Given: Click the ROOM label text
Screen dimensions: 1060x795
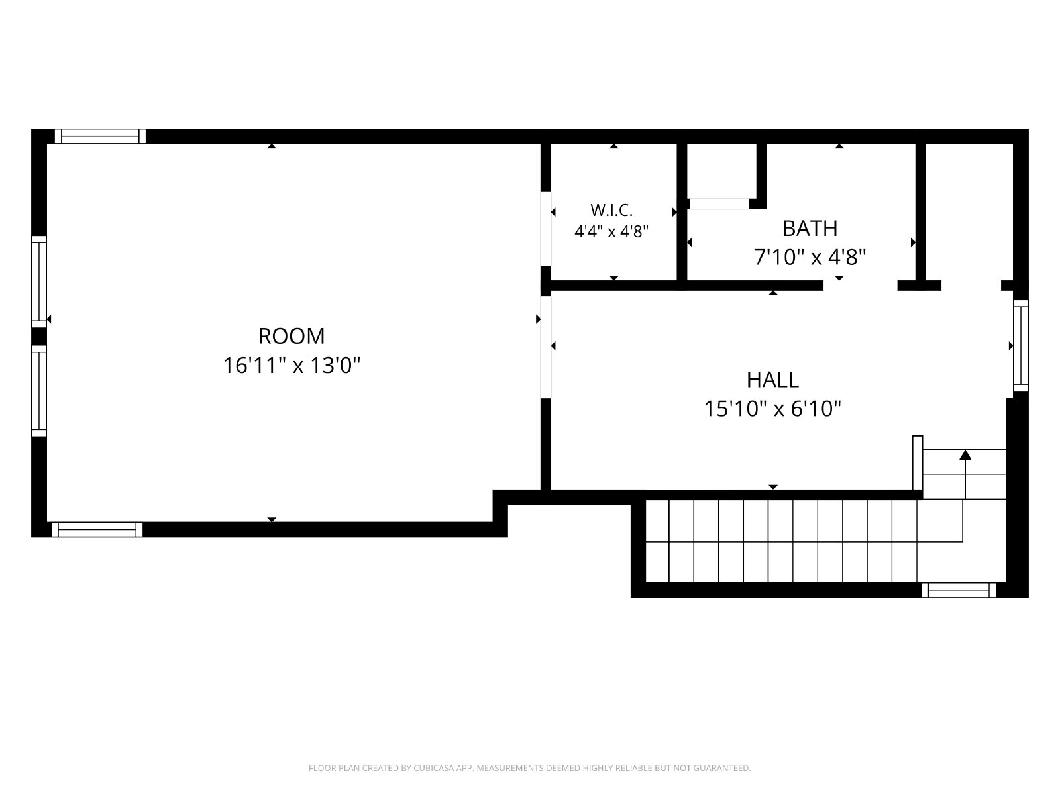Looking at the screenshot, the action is coord(291,336).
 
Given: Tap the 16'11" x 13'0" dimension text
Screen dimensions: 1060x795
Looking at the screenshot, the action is coord(291,366).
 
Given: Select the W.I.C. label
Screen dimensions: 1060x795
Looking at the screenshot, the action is coord(611,211).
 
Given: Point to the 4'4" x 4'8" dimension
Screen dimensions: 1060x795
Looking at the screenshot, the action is coord(611,232).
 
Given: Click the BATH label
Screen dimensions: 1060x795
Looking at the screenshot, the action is coord(810,229).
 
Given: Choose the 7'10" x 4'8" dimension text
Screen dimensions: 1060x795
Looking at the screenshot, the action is coord(810,257).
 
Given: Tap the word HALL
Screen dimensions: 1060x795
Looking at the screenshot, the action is coord(772,380).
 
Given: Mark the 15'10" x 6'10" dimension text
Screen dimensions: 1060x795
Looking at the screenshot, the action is coord(772,409).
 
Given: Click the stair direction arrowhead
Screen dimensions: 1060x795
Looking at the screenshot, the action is coord(965,454).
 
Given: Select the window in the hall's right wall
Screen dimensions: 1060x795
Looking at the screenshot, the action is coord(1021,346).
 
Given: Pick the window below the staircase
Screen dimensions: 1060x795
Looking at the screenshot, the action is coord(959,590).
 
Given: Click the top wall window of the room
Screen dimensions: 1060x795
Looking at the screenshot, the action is coord(100,136).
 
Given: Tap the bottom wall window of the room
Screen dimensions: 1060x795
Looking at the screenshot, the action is coord(97,529).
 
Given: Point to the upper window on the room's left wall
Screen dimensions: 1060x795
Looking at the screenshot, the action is coord(39,282).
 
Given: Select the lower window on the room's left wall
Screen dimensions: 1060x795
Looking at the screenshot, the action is coord(39,391).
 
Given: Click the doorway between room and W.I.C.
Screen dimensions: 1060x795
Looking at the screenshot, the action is coord(546,229).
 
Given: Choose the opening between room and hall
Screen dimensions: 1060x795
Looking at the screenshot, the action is coord(546,347).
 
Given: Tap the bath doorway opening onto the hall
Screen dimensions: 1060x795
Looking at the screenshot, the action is coord(860,286).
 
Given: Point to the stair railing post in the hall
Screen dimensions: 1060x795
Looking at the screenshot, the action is coord(918,463).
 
